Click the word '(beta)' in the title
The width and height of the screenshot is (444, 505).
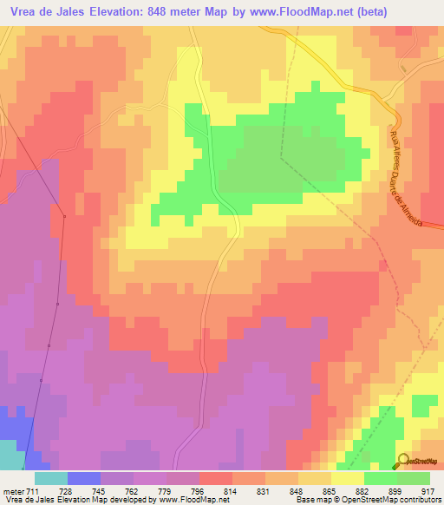click(x=366, y=11)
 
